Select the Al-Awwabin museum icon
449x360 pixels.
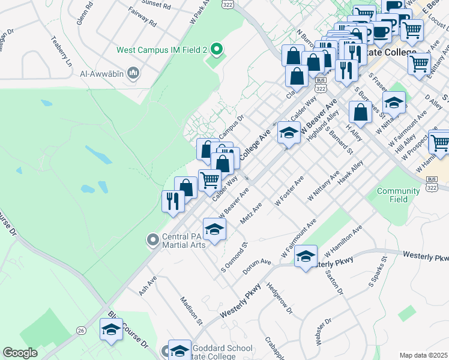pos(133,74)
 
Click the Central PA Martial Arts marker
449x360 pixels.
pos(153,240)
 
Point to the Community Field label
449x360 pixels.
pos(398,195)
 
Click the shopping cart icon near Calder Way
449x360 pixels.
pos(209,179)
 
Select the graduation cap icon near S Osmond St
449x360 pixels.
pos(214,229)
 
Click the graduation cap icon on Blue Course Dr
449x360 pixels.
pos(111,329)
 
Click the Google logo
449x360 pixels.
pos(20,352)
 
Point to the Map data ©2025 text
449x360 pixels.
pos(423,355)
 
